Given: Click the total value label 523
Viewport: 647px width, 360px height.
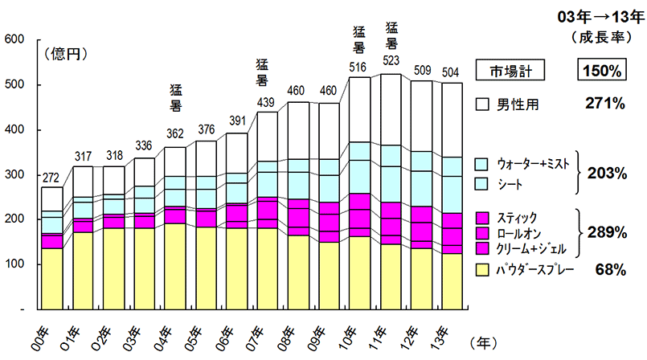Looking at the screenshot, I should click(393, 61).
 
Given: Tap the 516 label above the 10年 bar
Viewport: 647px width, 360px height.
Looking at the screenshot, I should click(359, 66).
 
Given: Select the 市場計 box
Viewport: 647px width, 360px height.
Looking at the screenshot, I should click(511, 71).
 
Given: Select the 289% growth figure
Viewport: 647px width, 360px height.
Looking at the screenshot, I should click(606, 233).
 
